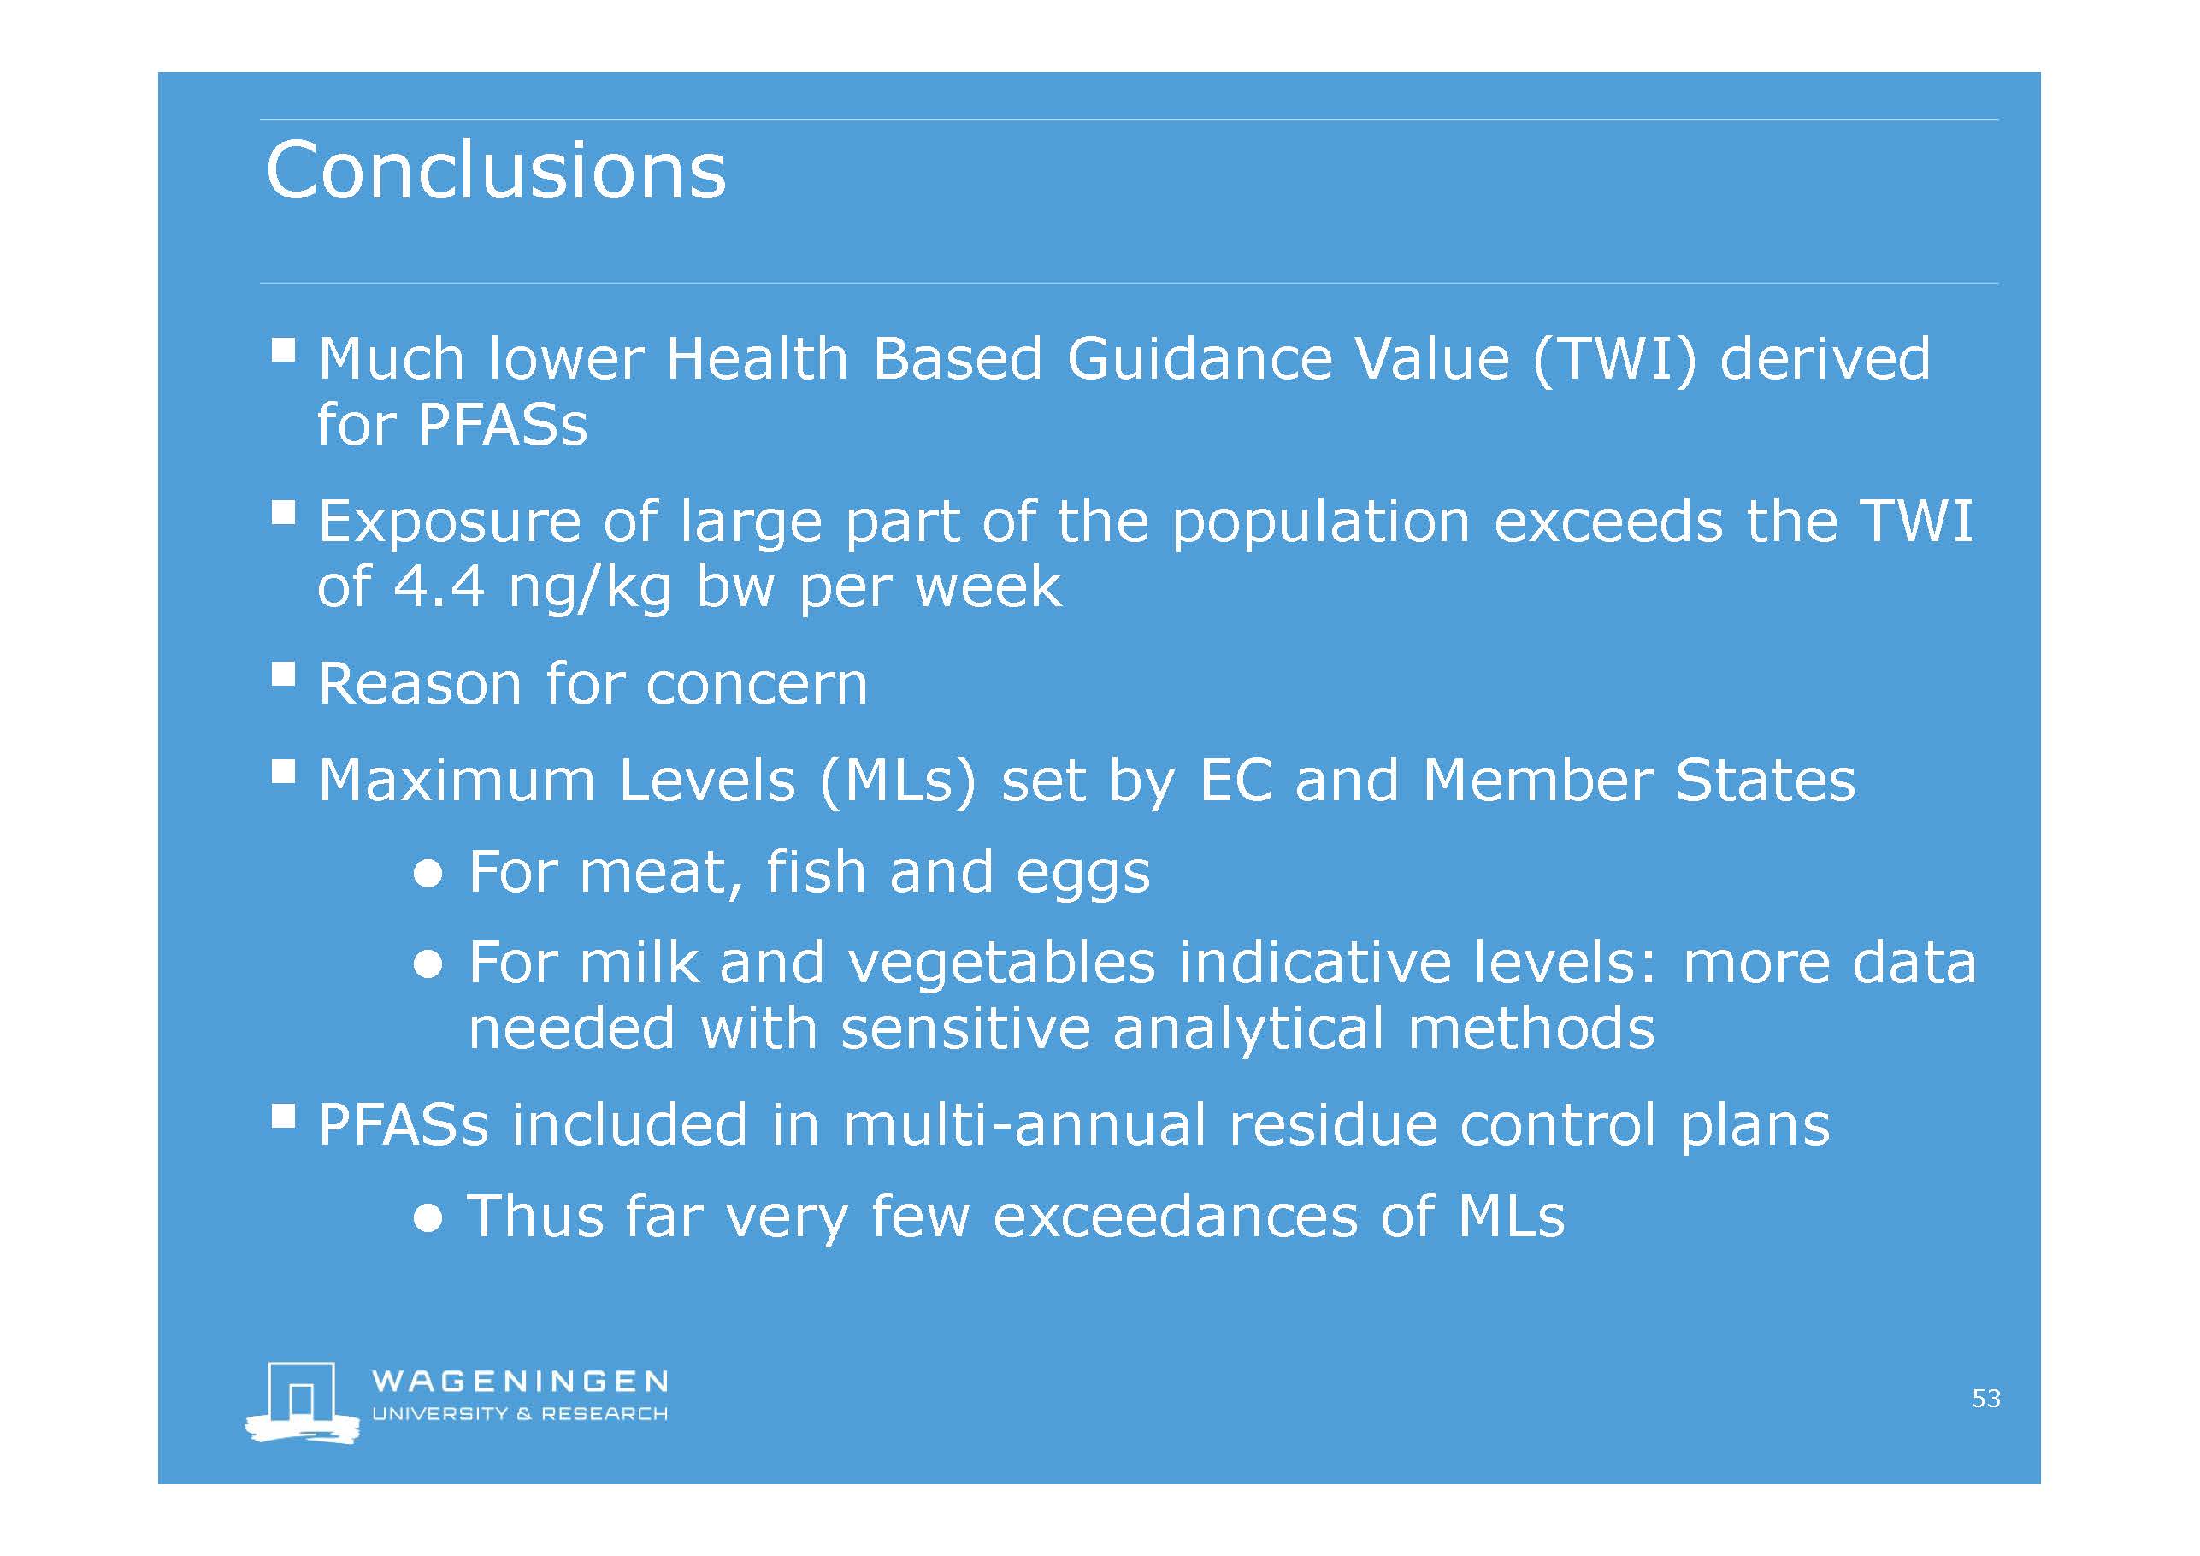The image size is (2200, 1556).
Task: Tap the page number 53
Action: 1985,1398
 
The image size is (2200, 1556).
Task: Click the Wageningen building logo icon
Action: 303,1402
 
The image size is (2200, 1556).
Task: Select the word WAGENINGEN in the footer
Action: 519,1381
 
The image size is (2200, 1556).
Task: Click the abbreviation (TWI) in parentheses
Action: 1614,360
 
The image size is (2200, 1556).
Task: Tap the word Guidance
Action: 1199,358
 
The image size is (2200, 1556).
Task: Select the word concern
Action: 757,684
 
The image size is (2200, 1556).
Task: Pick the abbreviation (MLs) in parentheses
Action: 897,781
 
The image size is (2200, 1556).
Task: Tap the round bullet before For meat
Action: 428,875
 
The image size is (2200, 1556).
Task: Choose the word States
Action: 1765,781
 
